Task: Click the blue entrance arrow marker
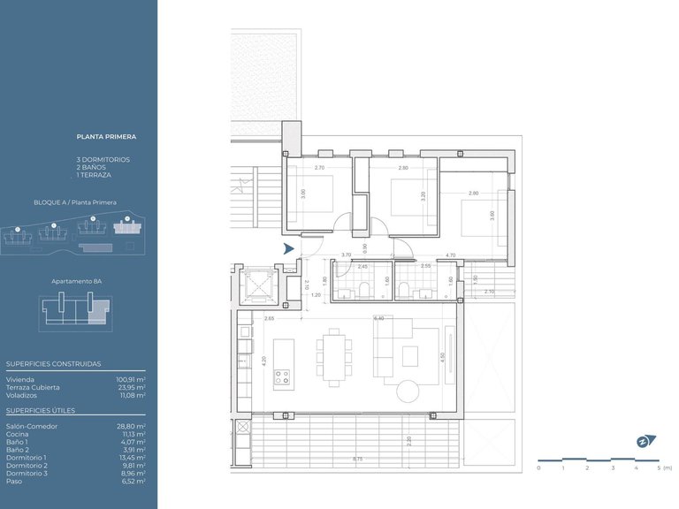(x=288, y=250)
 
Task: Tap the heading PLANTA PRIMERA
(x=106, y=137)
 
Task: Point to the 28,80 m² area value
(x=131, y=425)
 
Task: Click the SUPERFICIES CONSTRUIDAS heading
(x=53, y=363)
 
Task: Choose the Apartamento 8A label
(x=77, y=280)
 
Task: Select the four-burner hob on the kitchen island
(x=283, y=380)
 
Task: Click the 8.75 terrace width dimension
(x=356, y=459)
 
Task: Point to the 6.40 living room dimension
(x=378, y=318)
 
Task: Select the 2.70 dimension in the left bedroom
(x=319, y=168)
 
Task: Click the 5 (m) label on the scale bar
(x=664, y=467)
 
